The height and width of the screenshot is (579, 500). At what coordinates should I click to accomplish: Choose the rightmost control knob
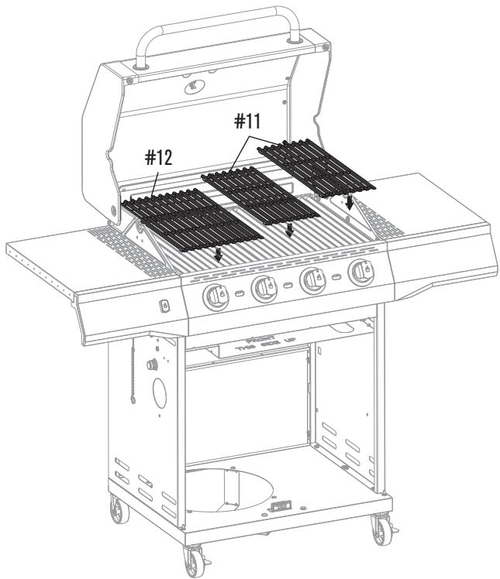click(x=360, y=272)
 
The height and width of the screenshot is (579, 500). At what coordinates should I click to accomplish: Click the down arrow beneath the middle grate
click(x=289, y=228)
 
